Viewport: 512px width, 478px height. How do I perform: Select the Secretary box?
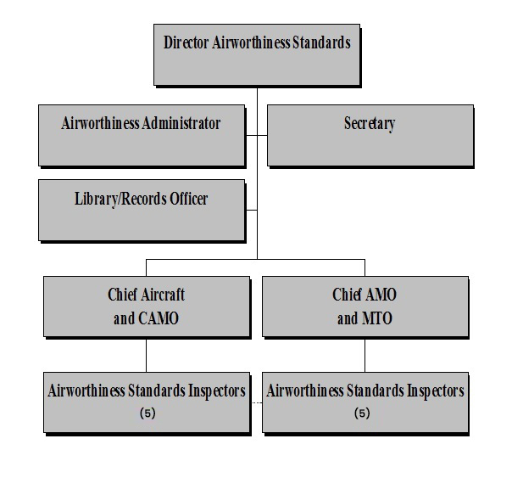coord(369,134)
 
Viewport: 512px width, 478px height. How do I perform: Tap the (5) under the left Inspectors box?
coord(148,414)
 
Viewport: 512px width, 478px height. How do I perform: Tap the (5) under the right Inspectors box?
coord(363,414)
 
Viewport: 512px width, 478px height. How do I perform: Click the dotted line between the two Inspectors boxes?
coord(257,402)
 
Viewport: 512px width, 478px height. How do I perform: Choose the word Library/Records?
coord(116,199)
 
